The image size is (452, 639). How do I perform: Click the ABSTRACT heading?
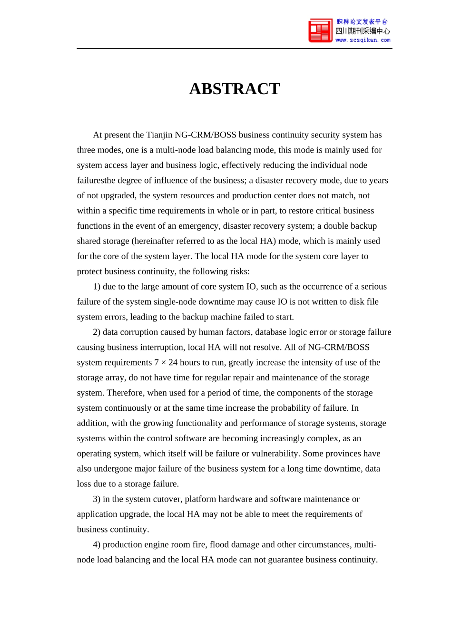(235, 89)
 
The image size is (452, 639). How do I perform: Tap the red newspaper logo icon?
(320, 31)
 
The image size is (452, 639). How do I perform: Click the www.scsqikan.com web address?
(363, 40)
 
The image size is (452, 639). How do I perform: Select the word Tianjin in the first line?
(159, 135)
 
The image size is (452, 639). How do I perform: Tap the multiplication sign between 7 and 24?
(164, 363)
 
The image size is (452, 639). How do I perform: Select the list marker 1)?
(97, 287)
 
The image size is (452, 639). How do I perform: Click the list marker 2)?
(97, 332)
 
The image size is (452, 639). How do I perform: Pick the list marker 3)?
(97, 499)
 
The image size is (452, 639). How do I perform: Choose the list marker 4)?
(97, 545)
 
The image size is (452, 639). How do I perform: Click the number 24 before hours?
(173, 363)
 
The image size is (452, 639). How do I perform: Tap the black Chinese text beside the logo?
(363, 31)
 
